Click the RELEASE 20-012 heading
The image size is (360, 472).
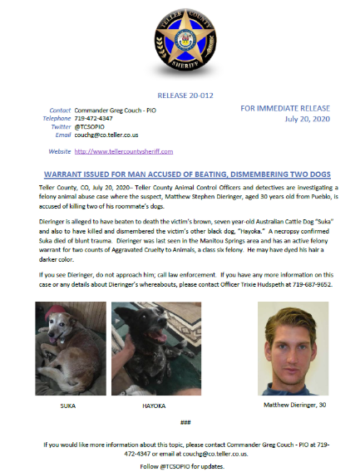click(180, 96)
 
